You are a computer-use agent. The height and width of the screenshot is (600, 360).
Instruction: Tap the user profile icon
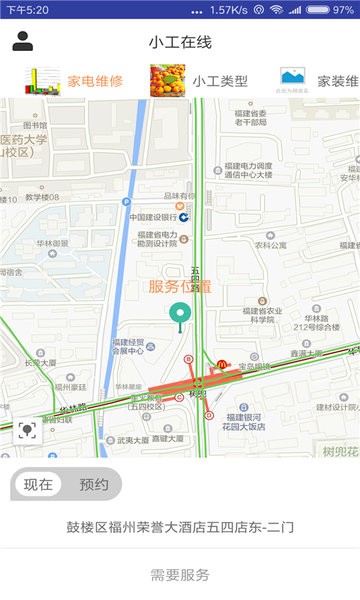coord(22,41)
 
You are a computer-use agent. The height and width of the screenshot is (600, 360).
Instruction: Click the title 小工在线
coord(180,42)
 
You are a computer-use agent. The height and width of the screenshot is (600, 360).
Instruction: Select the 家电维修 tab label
coord(95,81)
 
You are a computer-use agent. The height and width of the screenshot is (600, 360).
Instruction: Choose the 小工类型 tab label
coord(220,81)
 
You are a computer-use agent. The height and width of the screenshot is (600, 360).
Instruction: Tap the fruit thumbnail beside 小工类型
coord(167,81)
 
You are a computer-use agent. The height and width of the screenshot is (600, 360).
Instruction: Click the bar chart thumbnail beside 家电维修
coord(43,81)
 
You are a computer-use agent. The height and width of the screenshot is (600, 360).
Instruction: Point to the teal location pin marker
coord(180,315)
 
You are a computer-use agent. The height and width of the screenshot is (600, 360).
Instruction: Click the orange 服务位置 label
coord(180,287)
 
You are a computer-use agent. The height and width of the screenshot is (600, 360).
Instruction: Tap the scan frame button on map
coord(27,431)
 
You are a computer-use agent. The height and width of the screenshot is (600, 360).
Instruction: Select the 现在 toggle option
coord(39,485)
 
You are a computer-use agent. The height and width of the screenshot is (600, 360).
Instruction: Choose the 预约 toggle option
coord(93,485)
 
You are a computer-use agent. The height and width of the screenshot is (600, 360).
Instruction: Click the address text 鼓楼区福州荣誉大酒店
coord(180,526)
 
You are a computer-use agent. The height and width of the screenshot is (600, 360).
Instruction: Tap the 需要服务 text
coord(180,574)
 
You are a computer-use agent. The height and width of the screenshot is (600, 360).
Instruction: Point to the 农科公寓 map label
coord(270,244)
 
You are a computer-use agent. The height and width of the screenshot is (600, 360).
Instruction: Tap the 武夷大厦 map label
coord(133,440)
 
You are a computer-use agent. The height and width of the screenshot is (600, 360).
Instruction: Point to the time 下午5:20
coord(27,9)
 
